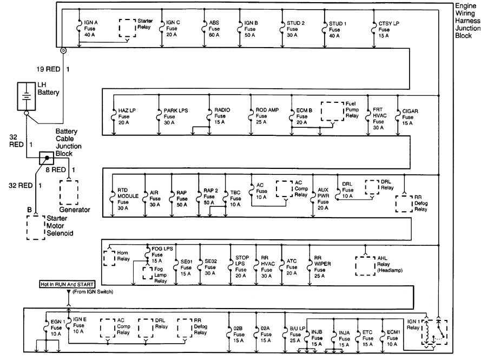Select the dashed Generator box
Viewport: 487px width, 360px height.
69,191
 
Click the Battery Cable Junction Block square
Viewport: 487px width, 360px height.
47,159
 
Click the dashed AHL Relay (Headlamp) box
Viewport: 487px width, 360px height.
365,265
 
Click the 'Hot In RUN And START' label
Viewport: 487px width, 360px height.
68,284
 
